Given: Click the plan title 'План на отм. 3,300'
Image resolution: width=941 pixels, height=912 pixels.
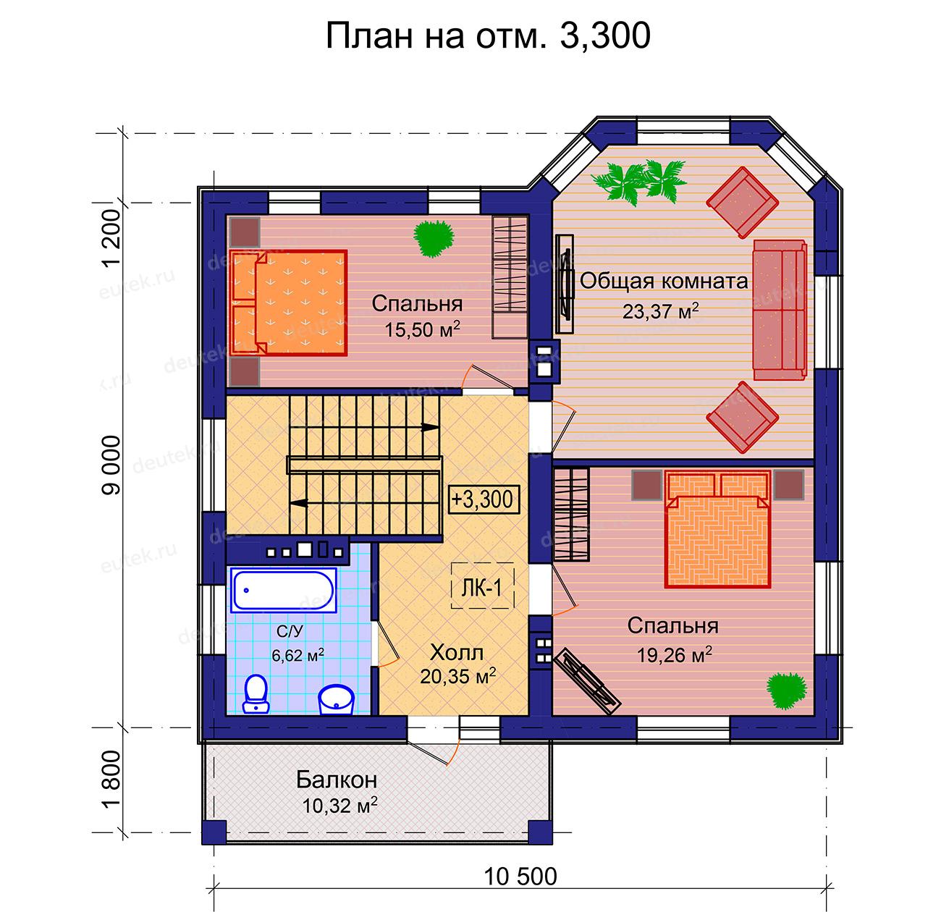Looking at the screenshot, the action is click(488, 35).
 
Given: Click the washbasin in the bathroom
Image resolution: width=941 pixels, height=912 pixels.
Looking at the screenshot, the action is click(336, 699).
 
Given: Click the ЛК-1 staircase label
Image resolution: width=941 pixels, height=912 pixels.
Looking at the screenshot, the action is click(482, 588).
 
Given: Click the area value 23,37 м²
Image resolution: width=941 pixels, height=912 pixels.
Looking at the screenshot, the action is click(661, 311).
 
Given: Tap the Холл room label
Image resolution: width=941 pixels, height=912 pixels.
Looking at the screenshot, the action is click(457, 653).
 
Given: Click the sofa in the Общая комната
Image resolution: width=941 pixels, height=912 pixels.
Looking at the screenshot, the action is click(780, 310).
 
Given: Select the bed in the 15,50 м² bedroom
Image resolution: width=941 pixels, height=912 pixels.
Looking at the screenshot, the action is click(289, 303).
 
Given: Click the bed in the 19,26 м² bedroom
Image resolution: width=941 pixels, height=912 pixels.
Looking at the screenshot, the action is click(717, 530).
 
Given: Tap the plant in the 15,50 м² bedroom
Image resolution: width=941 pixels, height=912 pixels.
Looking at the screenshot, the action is click(434, 238).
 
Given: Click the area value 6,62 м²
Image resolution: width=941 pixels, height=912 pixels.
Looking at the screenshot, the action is click(298, 656).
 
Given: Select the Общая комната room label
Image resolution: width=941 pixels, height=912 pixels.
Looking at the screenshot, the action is click(664, 281).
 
